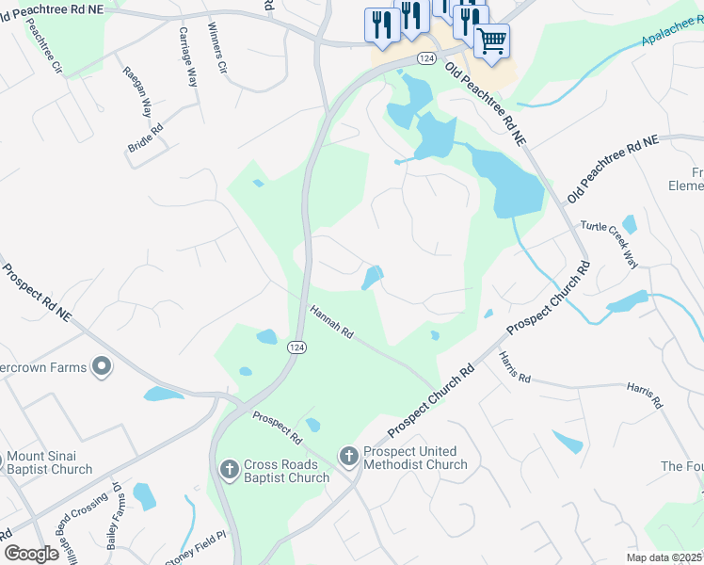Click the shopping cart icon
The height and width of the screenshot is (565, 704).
pyautogui.click(x=491, y=41)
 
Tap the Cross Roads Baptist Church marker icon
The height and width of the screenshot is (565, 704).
pyautogui.click(x=229, y=469)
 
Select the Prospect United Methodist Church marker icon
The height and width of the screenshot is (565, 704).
pyautogui.click(x=348, y=457)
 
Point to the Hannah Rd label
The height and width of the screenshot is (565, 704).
pyautogui.click(x=332, y=320)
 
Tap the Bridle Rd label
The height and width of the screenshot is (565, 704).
pyautogui.click(x=145, y=138)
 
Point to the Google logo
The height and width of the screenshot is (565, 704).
pyautogui.click(x=32, y=553)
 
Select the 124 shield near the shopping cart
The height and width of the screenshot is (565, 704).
pyautogui.click(x=426, y=58)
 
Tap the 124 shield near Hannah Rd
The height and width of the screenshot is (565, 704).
pyautogui.click(x=296, y=347)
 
